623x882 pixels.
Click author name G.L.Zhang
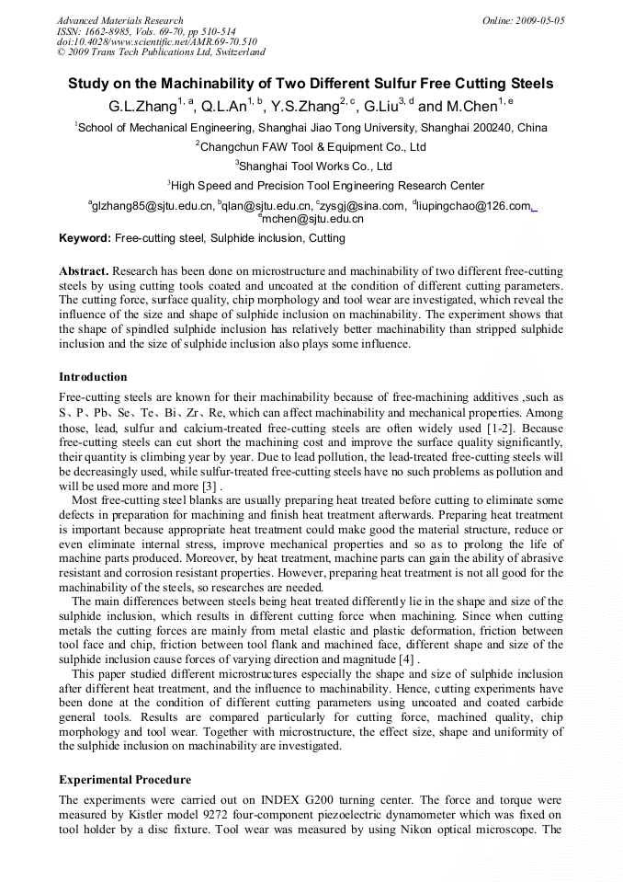[x=142, y=107]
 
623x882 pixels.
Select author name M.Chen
[x=470, y=107]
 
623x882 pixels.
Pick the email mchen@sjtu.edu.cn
[x=312, y=219]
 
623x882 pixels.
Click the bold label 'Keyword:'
[x=85, y=238]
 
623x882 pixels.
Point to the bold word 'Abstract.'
[x=85, y=272]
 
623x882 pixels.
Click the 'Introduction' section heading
[x=93, y=377]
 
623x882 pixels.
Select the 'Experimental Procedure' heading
[x=125, y=780]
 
